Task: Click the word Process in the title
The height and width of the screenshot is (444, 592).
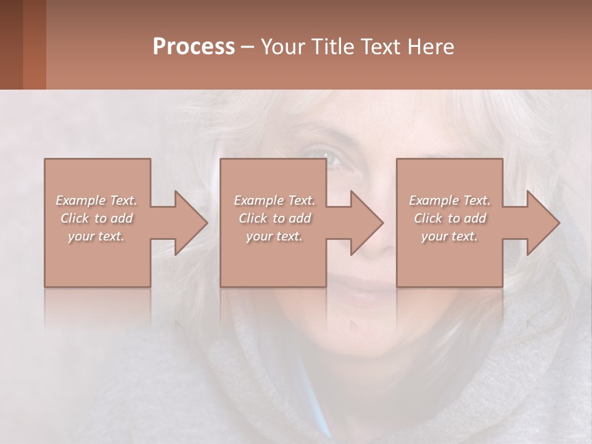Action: click(194, 47)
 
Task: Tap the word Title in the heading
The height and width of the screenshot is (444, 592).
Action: click(332, 47)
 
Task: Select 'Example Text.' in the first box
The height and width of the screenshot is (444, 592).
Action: click(96, 200)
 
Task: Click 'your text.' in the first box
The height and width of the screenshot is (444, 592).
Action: click(96, 236)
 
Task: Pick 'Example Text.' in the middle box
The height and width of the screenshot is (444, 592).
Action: click(274, 200)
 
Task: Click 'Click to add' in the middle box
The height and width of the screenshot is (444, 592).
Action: click(274, 218)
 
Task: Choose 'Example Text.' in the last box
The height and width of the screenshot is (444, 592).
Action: click(450, 200)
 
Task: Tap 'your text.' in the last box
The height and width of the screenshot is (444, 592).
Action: click(450, 236)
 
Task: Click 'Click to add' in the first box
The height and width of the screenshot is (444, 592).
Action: click(96, 218)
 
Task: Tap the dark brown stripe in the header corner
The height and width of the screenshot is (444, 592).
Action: click(11, 44)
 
